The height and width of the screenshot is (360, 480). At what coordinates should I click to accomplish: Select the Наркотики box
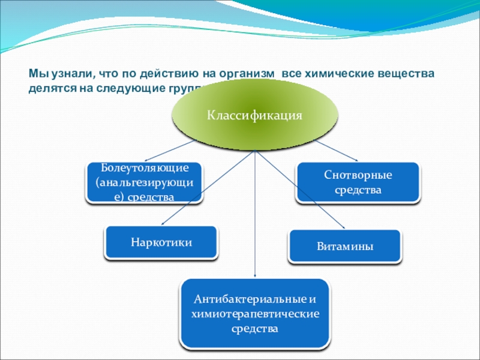coord(161,242)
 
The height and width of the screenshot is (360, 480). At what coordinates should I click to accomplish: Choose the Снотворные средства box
coord(358,182)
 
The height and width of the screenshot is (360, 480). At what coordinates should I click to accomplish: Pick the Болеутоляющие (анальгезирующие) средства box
coord(145,182)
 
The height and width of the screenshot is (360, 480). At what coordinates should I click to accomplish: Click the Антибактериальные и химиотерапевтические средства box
coord(255,313)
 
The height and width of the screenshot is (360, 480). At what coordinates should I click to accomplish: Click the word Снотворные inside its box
coord(358,176)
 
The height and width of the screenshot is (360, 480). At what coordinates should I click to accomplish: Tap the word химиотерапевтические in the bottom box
coord(255,313)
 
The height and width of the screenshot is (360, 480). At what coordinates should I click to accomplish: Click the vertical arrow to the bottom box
coord(256,216)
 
